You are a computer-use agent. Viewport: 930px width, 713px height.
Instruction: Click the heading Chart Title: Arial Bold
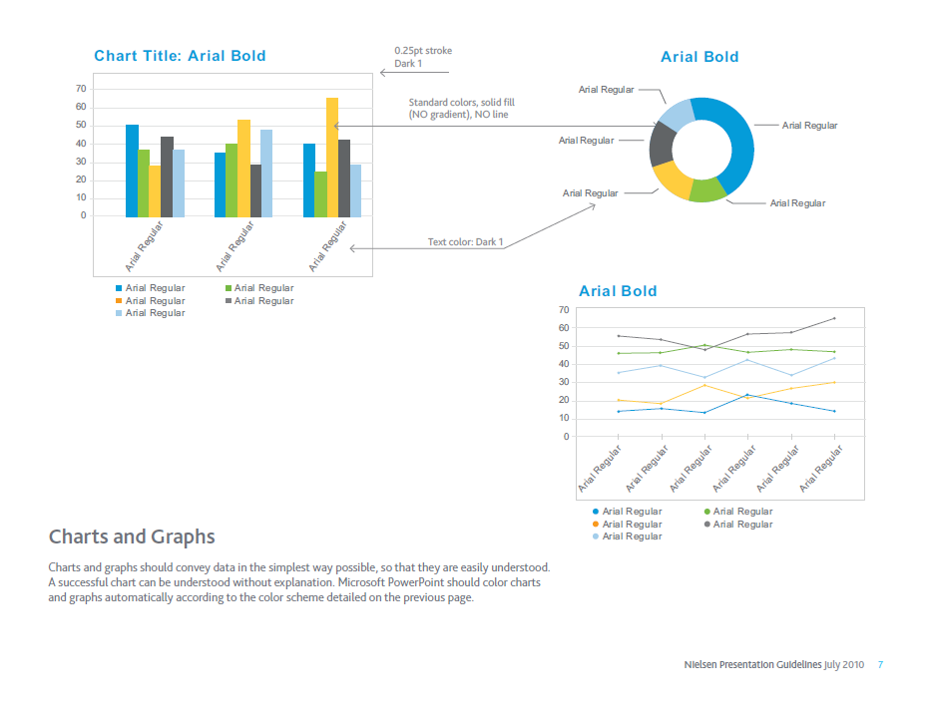click(180, 56)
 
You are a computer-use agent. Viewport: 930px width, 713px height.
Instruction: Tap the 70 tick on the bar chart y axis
click(81, 90)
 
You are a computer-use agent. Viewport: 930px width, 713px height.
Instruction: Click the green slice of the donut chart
click(706, 189)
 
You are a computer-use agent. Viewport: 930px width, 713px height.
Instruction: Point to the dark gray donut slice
click(662, 143)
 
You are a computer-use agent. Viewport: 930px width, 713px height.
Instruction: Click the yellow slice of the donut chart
click(672, 178)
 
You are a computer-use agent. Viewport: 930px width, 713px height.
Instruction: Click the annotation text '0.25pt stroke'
click(423, 51)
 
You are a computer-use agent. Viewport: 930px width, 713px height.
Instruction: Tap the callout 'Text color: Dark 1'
click(466, 242)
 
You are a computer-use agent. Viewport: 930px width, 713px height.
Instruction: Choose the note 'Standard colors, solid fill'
click(461, 103)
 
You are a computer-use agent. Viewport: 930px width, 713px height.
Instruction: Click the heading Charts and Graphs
click(132, 537)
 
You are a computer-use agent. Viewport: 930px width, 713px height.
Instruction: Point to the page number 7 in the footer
click(880, 664)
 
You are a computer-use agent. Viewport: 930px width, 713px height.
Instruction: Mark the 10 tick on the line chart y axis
click(565, 419)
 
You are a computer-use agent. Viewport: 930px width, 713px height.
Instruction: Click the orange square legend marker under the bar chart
click(119, 300)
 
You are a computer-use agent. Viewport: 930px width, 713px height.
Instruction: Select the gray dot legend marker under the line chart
click(707, 524)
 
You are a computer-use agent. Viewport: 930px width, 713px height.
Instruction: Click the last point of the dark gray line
click(834, 319)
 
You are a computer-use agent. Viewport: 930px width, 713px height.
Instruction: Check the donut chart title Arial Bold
click(699, 57)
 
